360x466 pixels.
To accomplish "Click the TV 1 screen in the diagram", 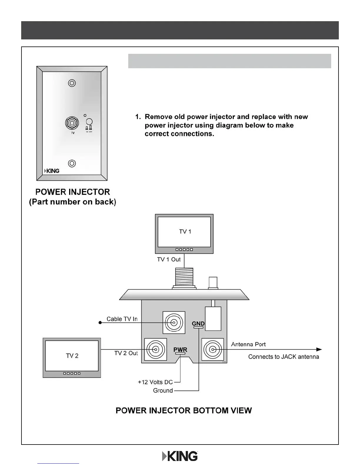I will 184,232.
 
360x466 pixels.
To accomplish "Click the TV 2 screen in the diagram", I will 72,356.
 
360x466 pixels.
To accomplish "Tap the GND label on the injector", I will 198,324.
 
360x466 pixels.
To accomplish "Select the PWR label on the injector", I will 180,350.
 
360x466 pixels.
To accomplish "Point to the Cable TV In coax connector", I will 174,323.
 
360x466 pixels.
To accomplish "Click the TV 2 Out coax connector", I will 156,349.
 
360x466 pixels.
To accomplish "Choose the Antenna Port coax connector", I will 212,349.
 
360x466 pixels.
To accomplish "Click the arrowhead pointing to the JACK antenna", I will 319,349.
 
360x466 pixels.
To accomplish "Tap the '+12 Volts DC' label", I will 155,382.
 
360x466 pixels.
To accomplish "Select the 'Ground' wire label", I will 163,391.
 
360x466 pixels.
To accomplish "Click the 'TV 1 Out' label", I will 169,259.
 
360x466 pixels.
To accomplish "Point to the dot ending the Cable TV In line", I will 100,323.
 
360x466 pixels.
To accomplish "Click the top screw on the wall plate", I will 72,83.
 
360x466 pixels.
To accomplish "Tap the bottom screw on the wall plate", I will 72,163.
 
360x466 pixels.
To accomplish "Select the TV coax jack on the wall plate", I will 72,123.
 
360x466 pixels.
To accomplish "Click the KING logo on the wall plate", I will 52,171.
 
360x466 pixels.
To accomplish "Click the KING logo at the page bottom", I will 180,456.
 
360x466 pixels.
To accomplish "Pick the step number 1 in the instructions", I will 138,117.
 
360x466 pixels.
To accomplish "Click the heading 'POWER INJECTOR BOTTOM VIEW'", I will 184,411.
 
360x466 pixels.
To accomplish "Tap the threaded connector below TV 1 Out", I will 184,277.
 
